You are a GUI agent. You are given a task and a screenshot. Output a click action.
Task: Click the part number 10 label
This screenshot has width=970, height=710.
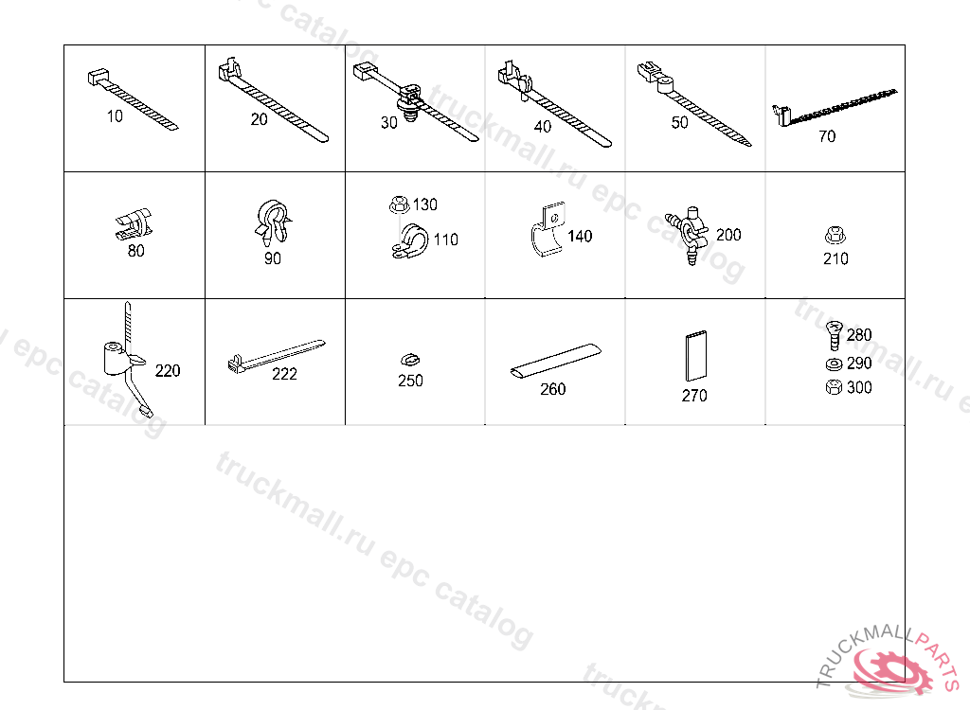(x=115, y=116)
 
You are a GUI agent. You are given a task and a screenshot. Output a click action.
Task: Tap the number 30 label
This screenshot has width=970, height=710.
(x=389, y=122)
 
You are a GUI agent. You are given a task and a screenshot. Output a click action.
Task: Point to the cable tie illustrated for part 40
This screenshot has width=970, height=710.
(x=553, y=104)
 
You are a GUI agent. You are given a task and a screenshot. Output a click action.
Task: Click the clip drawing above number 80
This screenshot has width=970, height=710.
(x=134, y=223)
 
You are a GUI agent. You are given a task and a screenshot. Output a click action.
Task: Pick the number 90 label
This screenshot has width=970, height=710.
(x=273, y=258)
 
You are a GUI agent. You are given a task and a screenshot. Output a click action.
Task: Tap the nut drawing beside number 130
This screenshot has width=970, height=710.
(x=399, y=204)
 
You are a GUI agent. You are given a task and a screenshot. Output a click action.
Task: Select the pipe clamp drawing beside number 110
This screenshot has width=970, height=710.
(x=409, y=241)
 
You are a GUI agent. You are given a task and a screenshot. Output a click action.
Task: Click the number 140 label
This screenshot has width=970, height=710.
(x=580, y=237)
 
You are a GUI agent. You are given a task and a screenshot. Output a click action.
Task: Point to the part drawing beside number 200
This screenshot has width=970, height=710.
(x=687, y=233)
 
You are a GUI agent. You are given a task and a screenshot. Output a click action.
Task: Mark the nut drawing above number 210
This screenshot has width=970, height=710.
(x=835, y=235)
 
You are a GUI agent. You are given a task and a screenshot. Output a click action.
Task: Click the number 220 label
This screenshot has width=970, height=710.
(x=168, y=370)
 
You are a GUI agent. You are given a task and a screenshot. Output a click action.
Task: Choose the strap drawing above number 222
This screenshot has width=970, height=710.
(x=277, y=355)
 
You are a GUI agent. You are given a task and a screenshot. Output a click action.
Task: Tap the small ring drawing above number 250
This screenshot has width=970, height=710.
(x=409, y=360)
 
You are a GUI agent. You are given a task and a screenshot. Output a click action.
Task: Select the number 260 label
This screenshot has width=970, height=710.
(x=553, y=389)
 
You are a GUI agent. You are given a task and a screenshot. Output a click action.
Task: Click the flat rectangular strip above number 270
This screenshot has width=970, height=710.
(x=696, y=356)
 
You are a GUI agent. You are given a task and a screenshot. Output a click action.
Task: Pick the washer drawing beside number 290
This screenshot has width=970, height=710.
(x=834, y=364)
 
